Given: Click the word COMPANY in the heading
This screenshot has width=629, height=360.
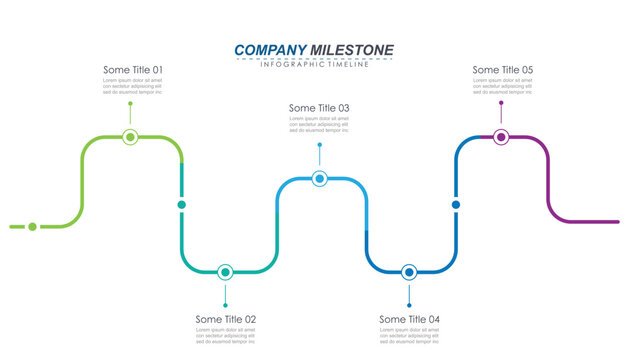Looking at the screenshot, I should tap(270, 50).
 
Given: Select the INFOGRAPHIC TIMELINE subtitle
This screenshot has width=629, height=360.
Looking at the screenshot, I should tap(314, 65).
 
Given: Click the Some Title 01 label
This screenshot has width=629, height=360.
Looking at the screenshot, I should tap(133, 70).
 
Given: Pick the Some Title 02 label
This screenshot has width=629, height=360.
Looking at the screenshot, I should tap(226, 319).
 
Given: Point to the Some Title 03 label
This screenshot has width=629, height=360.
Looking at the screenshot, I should tap(319, 108).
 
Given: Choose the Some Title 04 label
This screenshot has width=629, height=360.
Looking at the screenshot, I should tap(409, 319).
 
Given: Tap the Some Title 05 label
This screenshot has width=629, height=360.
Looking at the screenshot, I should tap(503, 70).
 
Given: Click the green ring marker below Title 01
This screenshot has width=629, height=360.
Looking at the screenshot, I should tap(130, 137).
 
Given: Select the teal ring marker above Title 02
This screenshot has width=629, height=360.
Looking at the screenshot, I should tap(225, 271).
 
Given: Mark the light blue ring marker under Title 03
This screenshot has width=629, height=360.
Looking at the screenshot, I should tap(319, 179).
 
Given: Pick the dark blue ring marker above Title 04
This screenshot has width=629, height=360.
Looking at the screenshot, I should tap(409, 272).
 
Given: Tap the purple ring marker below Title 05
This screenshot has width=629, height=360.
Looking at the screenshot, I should tap(501, 137).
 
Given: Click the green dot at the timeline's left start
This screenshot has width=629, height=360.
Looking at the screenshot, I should tap(32, 227).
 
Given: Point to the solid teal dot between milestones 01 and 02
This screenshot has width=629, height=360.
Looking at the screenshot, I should tap(181, 204).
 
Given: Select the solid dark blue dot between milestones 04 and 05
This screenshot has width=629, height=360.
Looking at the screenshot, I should tap(456, 204).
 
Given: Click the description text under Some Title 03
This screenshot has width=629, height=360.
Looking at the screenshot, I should tap(319, 124).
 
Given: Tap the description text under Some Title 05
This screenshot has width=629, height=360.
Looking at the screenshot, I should tap(503, 86).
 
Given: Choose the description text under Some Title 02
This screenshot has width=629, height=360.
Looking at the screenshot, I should tap(226, 336).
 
